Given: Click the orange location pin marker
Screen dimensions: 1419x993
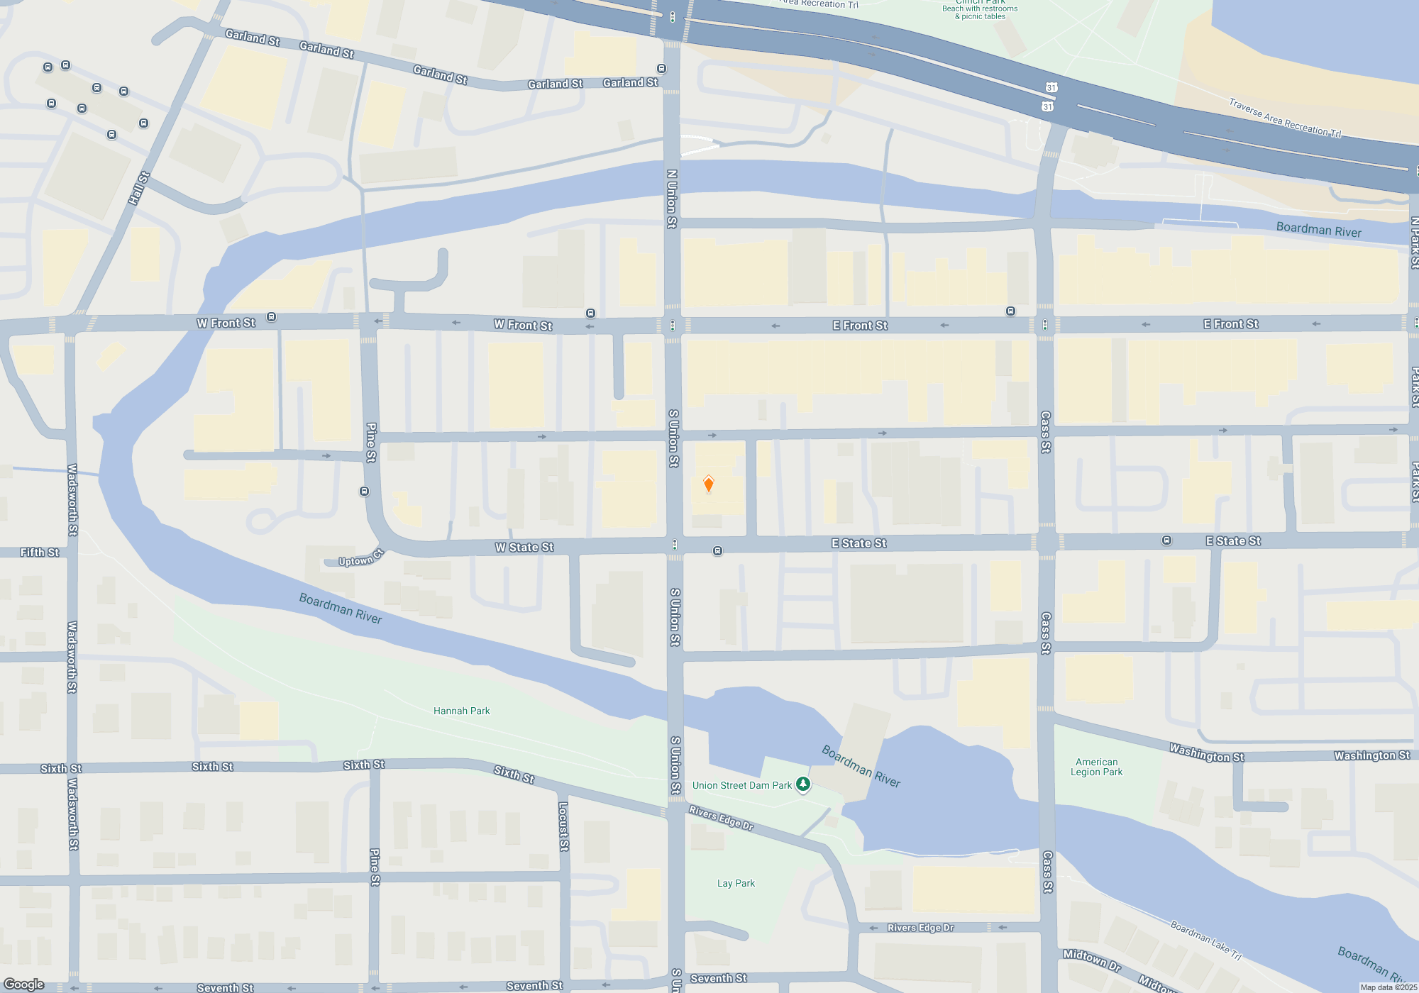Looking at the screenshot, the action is point(708,484).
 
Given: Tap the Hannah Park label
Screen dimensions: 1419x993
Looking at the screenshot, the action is point(461,711).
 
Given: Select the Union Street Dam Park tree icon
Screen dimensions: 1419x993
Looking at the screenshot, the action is point(802,784).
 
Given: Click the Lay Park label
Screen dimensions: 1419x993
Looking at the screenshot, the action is point(736,883).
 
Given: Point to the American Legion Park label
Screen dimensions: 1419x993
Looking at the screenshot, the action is point(1096,767).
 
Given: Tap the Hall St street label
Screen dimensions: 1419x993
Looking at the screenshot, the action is point(139,188).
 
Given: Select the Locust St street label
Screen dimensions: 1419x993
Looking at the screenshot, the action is point(563,826).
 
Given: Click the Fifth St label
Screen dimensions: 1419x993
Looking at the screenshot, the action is point(40,553).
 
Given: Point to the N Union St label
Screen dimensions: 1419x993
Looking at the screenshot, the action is point(672,199).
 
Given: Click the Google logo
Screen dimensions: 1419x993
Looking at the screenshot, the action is point(24,984).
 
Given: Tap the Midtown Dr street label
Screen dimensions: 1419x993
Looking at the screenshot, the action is point(1091,960).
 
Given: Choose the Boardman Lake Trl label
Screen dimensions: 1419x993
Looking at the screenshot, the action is point(1205,941).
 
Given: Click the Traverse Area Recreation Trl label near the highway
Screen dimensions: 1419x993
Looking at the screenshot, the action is point(1284,118).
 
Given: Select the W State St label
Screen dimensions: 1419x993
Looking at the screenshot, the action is point(524,548).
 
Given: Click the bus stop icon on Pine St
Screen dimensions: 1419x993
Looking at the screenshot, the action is point(365,492).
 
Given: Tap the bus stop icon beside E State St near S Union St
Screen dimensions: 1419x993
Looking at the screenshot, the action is point(718,551).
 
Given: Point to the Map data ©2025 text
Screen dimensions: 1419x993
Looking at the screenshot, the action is point(1388,987).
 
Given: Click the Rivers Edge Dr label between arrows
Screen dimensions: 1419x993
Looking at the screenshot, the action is point(920,928).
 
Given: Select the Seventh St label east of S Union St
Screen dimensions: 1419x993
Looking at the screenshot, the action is point(718,979).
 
